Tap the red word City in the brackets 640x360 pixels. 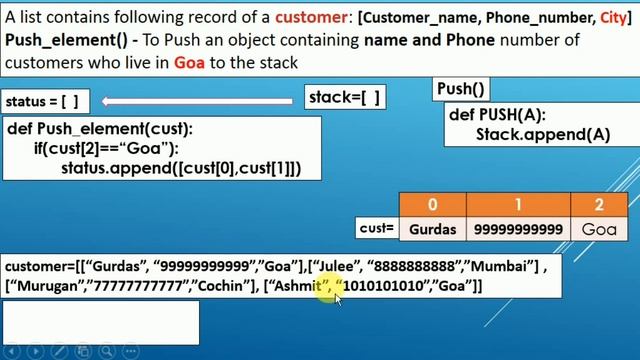click(x=608, y=18)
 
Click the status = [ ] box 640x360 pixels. click(x=43, y=102)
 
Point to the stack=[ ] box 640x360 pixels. click(x=345, y=96)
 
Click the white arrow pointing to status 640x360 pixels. click(x=200, y=101)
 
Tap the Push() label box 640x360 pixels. click(x=461, y=89)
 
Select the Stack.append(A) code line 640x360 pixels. click(x=543, y=135)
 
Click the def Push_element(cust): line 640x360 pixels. click(x=100, y=129)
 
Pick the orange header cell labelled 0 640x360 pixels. click(x=432, y=204)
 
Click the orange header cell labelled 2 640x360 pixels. click(x=599, y=204)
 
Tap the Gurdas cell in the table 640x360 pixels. click(x=432, y=229)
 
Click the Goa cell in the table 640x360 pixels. click(x=599, y=229)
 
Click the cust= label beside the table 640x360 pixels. click(x=377, y=229)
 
